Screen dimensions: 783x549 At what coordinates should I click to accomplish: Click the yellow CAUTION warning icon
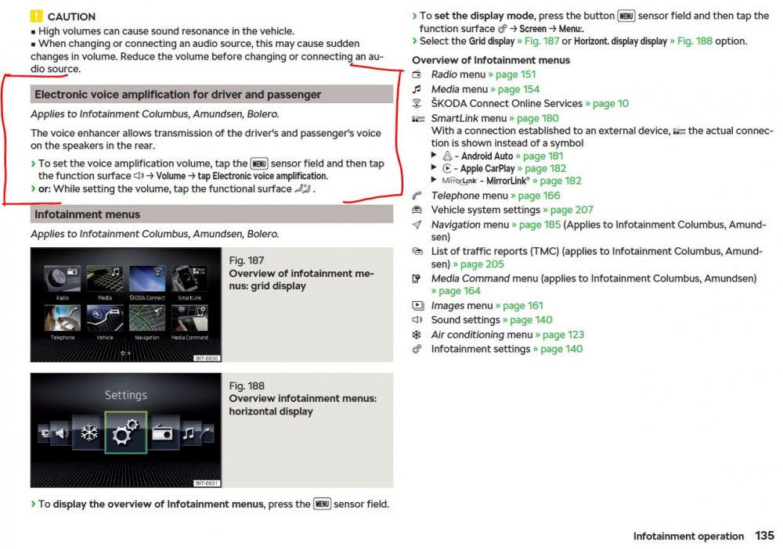click(x=37, y=16)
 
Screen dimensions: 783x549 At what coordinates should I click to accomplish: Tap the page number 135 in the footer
click(x=764, y=536)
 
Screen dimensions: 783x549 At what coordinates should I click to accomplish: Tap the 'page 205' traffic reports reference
click(x=482, y=264)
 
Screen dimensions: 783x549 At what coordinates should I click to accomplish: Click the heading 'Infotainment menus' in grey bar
click(x=88, y=214)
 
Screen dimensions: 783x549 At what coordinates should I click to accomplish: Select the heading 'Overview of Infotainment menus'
click(x=491, y=60)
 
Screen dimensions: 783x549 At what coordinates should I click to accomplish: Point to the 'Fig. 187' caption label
click(x=246, y=260)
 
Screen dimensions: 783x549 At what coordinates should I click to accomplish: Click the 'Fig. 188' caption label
click(x=247, y=386)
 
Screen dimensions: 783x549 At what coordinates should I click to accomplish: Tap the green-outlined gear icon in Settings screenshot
click(x=126, y=432)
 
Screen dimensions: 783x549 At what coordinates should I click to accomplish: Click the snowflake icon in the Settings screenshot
click(x=90, y=432)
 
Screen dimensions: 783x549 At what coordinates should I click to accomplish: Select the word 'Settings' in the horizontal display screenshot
click(x=126, y=396)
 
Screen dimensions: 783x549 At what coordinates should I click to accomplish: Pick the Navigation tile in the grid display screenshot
click(x=147, y=321)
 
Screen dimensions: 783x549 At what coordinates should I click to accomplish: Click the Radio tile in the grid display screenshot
click(x=63, y=282)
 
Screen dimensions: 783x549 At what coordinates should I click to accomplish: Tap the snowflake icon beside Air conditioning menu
click(x=417, y=335)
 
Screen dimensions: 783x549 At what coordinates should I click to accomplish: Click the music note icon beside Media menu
click(x=417, y=89)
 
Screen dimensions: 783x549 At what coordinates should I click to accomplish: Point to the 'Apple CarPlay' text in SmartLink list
click(x=487, y=169)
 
